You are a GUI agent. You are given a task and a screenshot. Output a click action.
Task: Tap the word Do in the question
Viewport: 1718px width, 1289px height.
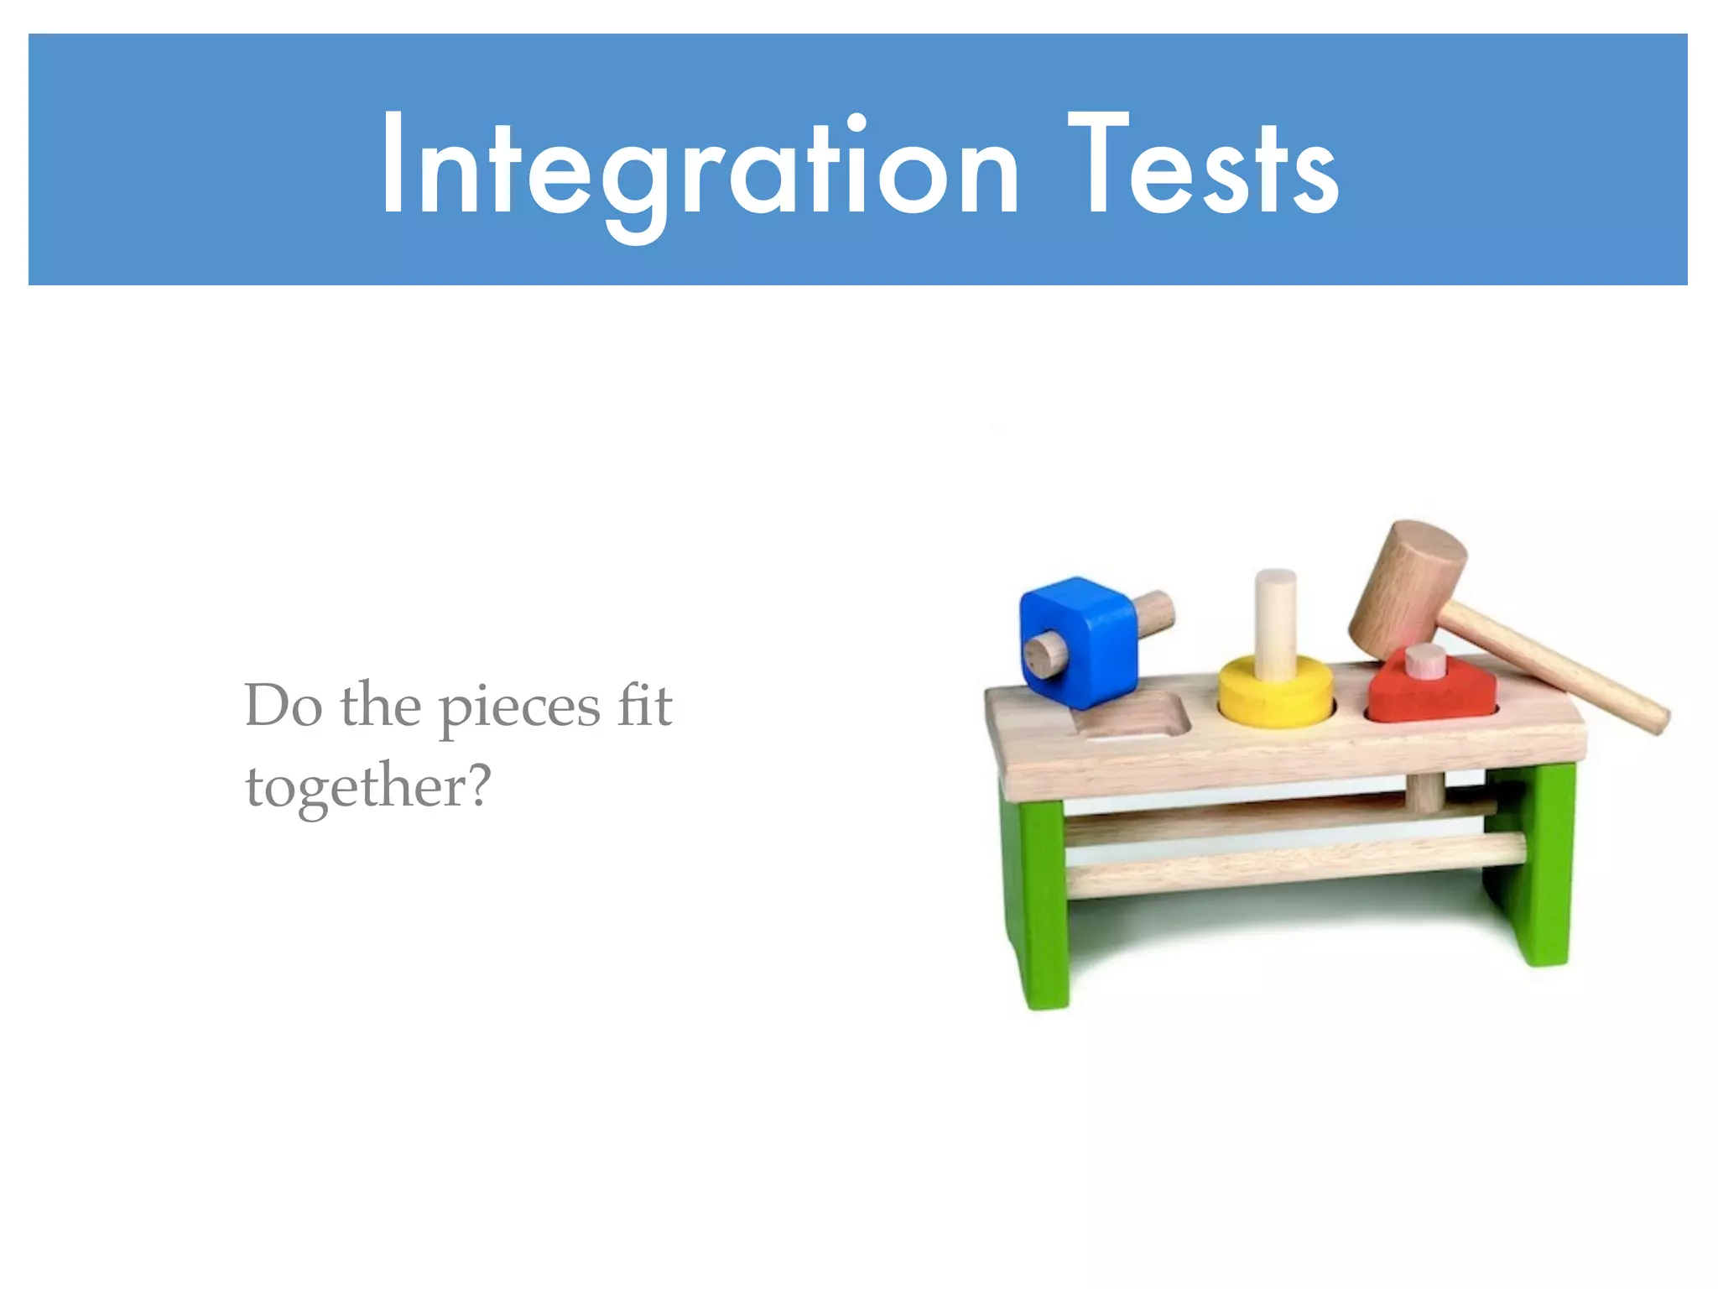click(x=283, y=707)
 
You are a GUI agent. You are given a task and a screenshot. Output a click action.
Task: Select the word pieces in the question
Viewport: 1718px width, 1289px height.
click(x=520, y=709)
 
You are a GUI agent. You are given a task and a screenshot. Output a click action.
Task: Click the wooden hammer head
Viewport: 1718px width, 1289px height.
click(x=1405, y=592)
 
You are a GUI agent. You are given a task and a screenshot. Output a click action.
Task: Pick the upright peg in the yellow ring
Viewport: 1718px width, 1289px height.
click(x=1275, y=621)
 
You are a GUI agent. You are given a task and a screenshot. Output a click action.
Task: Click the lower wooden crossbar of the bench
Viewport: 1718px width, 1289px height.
click(x=1292, y=864)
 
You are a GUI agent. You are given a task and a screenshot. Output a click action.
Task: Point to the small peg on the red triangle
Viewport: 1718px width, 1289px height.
click(x=1425, y=661)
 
